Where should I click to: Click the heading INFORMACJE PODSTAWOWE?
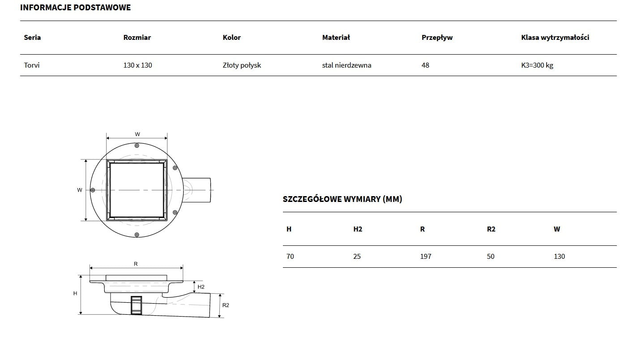click(x=75, y=8)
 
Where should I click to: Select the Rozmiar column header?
click(x=137, y=38)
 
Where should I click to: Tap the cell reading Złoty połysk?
click(x=242, y=65)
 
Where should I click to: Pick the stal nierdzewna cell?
click(x=346, y=65)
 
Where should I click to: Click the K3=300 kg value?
click(x=537, y=65)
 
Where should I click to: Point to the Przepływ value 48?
click(x=425, y=65)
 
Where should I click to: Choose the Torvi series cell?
click(x=32, y=65)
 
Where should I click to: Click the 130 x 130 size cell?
click(x=137, y=65)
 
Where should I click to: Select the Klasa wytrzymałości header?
click(x=555, y=38)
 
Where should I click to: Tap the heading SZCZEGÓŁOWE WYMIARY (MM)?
click(x=342, y=199)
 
